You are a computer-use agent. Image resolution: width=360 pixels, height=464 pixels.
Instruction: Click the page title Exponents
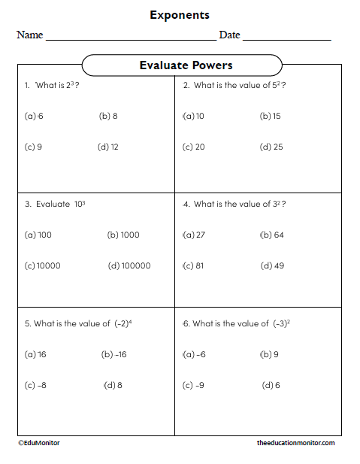pos(180,15)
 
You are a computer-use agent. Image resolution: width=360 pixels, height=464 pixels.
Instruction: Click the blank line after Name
pos(131,38)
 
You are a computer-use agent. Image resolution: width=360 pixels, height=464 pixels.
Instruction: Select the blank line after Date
pos(286,38)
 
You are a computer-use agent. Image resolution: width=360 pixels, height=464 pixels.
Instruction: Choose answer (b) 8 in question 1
pos(108,117)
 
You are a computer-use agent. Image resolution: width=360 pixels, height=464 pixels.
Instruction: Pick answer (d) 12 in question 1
pos(108,147)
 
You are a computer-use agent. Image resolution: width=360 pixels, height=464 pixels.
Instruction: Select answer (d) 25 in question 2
pos(271,147)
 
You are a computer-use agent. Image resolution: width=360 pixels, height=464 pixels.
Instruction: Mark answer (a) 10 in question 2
pos(193,117)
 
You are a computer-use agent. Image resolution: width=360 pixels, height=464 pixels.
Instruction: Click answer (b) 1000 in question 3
pos(123,235)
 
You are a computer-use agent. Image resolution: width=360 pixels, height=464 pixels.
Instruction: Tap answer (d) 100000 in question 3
pos(129,265)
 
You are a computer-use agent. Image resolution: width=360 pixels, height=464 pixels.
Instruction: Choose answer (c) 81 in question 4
pos(193,265)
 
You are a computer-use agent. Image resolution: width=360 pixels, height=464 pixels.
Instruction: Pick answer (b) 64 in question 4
pos(271,235)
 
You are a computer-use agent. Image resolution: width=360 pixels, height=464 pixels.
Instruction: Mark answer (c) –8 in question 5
pos(35,385)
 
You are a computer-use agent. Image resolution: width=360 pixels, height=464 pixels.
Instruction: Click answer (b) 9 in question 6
pos(269,354)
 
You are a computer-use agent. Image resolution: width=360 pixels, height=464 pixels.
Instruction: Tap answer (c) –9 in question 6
pos(193,385)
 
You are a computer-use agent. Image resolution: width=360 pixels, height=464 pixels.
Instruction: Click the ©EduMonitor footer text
pos(39,443)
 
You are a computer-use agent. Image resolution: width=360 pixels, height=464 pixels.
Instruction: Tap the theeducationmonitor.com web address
pos(295,443)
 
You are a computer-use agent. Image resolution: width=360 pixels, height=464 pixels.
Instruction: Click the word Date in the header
pos(229,35)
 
